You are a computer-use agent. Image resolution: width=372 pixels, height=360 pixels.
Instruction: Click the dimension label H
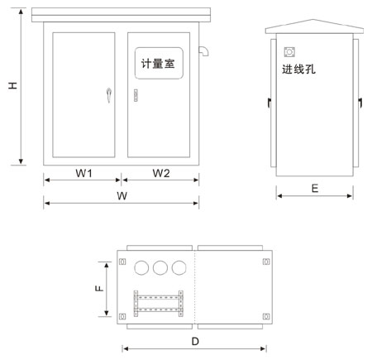pyautogui.click(x=12, y=85)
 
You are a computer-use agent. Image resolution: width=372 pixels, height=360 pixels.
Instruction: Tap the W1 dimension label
pyautogui.click(x=84, y=173)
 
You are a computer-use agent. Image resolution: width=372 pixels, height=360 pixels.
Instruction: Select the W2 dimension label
pyautogui.click(x=161, y=173)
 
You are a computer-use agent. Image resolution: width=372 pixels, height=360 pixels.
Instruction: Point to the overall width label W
pyautogui.click(x=122, y=196)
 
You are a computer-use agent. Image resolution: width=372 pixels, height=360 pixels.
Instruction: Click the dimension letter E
pyautogui.click(x=315, y=189)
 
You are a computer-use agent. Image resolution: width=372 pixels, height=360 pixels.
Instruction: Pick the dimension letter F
pyautogui.click(x=99, y=288)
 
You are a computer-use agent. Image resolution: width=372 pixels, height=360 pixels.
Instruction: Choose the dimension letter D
pyautogui.click(x=195, y=342)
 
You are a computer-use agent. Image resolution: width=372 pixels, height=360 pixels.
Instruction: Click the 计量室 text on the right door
pyautogui.click(x=158, y=64)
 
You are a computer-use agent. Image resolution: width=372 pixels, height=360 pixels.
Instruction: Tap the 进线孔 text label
pyautogui.click(x=298, y=69)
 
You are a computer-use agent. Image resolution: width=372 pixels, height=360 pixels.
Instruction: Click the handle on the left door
pyautogui.click(x=109, y=95)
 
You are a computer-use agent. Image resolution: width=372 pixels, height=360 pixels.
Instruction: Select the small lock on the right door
pyautogui.click(x=136, y=95)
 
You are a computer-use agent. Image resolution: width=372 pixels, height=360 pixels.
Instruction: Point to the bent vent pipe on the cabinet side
pyautogui.click(x=203, y=51)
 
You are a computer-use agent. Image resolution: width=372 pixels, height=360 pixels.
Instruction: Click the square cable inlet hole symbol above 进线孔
pyautogui.click(x=289, y=52)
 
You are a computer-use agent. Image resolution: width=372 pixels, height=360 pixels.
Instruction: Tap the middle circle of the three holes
pyautogui.click(x=160, y=267)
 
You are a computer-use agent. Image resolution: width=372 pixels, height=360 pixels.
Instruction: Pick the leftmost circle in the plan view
pyautogui.click(x=141, y=267)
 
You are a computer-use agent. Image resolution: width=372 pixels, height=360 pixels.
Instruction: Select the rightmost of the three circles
pyautogui.click(x=179, y=267)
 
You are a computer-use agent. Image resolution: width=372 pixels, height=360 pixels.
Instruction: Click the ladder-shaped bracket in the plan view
pyautogui.click(x=158, y=304)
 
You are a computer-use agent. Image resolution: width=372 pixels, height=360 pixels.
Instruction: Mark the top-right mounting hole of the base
pyautogui.click(x=266, y=262)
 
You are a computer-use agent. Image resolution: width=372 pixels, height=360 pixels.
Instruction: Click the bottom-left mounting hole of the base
pyautogui.click(x=122, y=316)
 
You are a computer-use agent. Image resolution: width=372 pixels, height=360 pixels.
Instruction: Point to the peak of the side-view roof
pyautogui.click(x=312, y=19)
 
